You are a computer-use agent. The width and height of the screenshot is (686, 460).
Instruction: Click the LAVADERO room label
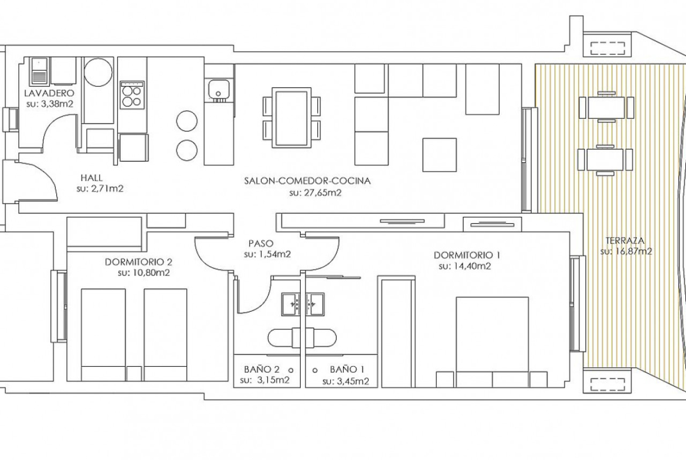(x=49, y=93)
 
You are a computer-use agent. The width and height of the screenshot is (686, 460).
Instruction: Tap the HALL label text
(x=91, y=178)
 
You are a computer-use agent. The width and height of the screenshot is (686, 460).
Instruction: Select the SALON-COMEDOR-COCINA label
(x=308, y=180)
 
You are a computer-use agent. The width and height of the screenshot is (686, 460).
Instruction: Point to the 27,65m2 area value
(x=322, y=193)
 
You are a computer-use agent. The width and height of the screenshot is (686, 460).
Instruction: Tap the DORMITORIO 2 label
(x=138, y=262)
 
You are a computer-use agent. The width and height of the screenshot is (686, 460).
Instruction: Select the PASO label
(x=260, y=243)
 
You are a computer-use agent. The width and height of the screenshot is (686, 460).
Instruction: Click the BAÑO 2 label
(x=262, y=369)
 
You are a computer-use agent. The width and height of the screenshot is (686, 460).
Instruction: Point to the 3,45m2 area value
(x=353, y=381)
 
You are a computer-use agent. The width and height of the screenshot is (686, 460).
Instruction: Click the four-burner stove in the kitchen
(x=132, y=94)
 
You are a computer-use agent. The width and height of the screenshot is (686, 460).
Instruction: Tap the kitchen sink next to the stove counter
(x=218, y=89)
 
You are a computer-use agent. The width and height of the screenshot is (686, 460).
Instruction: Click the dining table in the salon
(x=291, y=118)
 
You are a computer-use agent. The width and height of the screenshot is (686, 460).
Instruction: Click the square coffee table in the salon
(x=439, y=155)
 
